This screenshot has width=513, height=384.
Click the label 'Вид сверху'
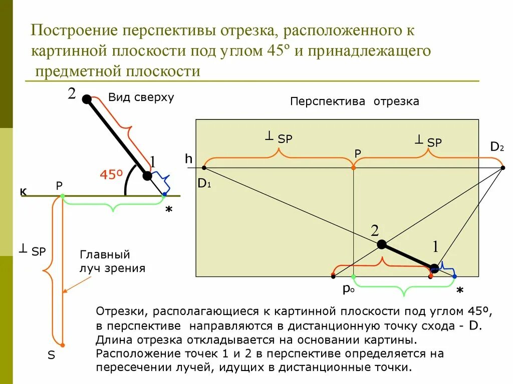[x=141, y=97]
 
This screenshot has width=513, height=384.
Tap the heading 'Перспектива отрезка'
[x=355, y=101]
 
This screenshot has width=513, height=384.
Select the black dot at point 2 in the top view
[x=87, y=99]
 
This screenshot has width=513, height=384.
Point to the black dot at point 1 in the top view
[x=147, y=176]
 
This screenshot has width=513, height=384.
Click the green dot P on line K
[x=62, y=195]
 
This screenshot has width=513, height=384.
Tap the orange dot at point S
[x=62, y=344]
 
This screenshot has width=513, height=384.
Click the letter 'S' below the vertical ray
[x=51, y=356]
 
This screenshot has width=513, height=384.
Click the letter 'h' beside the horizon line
[x=188, y=159]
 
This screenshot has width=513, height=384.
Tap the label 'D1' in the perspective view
[x=204, y=183]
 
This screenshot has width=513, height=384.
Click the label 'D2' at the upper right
[x=496, y=147]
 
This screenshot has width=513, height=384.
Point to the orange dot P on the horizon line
[x=354, y=168]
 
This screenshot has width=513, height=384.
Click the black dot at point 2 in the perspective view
[x=381, y=244]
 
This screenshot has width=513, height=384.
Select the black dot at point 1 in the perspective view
[x=434, y=268]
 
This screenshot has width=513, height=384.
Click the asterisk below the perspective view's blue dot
[x=460, y=290]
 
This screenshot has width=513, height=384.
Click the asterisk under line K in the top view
[x=169, y=210]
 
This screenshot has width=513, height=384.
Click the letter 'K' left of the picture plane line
[x=23, y=192]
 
